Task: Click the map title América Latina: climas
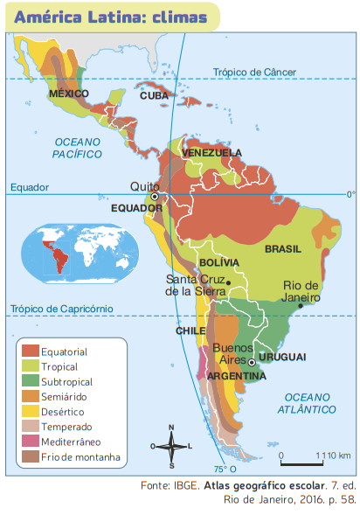point(112,17)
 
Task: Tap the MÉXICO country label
point(69,94)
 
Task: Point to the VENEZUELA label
point(211,153)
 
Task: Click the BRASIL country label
point(282,249)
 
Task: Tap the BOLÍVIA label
point(218,262)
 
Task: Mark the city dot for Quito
point(155,197)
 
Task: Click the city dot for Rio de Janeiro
point(301,306)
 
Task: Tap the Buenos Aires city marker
point(252,361)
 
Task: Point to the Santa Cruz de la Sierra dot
point(228,282)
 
